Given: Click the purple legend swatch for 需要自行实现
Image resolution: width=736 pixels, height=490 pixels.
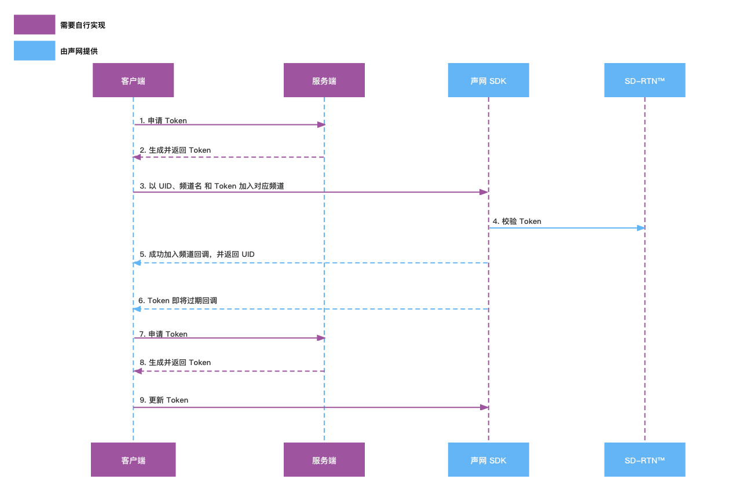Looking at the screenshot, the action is coord(35,24).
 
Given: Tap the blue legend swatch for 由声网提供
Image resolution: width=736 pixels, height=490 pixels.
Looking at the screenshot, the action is coord(35,50).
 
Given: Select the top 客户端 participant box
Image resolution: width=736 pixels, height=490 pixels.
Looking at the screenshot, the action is coord(133,80).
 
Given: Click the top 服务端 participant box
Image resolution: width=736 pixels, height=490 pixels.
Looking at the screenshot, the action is coord(324,80).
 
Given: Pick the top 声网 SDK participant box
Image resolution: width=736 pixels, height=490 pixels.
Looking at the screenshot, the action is coord(489,80).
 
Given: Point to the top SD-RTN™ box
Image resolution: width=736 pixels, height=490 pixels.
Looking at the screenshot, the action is coord(645,80).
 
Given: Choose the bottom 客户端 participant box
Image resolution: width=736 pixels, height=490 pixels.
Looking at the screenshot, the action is coord(133,459).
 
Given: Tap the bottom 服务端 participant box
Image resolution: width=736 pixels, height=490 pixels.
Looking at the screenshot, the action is coord(324,459).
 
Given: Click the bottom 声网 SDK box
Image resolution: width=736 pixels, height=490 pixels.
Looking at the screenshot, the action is coord(489,459).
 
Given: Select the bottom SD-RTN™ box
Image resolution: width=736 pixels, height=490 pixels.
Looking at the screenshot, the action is coord(645,459).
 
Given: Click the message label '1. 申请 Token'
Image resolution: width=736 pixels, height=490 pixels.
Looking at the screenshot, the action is coord(163,120).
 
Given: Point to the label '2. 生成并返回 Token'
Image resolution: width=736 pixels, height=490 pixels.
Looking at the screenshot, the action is coord(175,150).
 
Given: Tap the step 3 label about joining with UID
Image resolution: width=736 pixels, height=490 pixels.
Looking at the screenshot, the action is coord(211,186).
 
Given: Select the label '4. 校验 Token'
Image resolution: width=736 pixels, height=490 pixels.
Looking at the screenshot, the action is coord(517,221).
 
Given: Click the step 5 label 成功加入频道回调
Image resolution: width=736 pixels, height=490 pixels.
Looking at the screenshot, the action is coord(197,255).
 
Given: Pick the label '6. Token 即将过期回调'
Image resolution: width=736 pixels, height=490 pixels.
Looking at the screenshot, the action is coord(177,301).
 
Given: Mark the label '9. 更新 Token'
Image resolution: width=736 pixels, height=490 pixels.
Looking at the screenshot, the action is coord(164,400).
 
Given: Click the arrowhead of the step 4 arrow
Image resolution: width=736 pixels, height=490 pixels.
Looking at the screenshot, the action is coord(641,228).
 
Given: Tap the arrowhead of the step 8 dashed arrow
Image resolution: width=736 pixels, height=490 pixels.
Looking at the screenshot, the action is coord(137,371).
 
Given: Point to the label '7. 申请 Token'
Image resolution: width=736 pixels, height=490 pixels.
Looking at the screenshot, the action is coord(163,334).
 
